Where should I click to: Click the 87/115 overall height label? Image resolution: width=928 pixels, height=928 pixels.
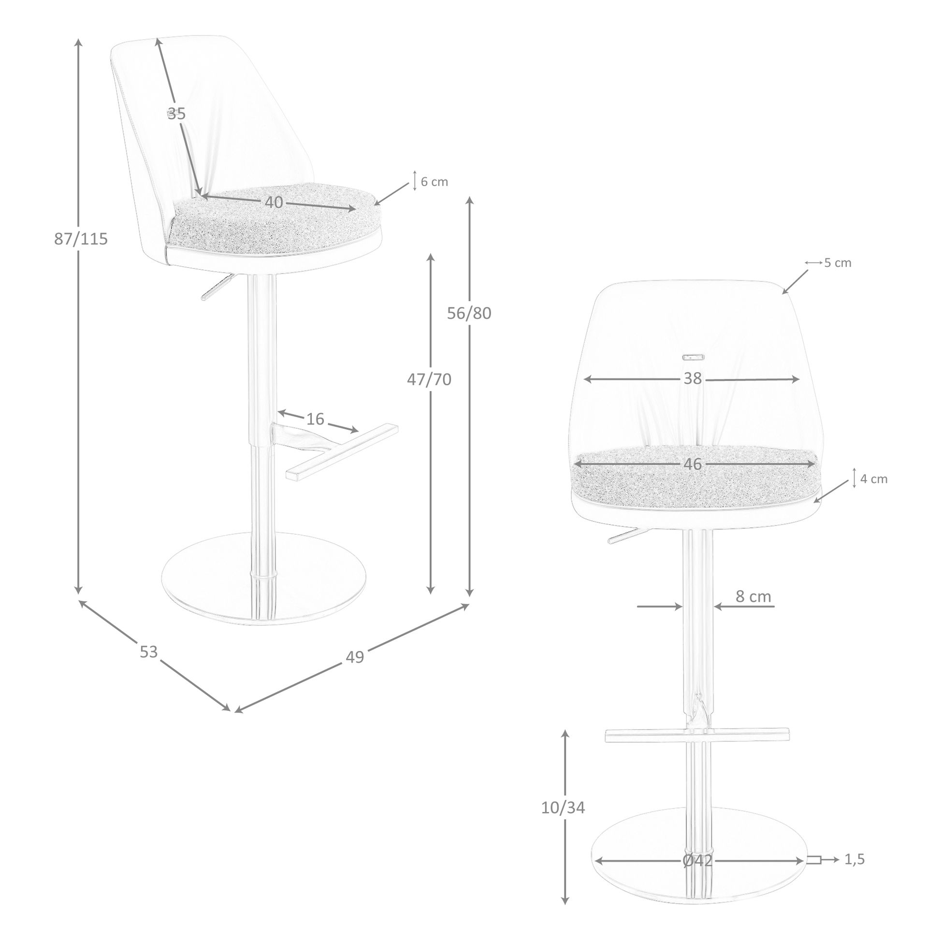pyautogui.click(x=81, y=239)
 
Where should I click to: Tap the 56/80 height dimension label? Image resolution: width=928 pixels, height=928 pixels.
pyautogui.click(x=469, y=313)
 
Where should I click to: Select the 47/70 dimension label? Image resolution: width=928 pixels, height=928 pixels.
pyautogui.click(x=429, y=380)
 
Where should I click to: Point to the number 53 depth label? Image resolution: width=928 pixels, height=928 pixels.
pyautogui.click(x=149, y=652)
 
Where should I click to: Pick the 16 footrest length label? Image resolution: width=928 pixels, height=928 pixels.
pyautogui.click(x=315, y=419)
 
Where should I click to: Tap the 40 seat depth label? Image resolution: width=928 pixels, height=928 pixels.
pyautogui.click(x=274, y=203)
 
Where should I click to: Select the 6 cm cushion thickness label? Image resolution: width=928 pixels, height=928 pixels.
pyautogui.click(x=435, y=182)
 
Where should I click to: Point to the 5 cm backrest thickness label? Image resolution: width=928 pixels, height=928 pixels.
pyautogui.click(x=838, y=263)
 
